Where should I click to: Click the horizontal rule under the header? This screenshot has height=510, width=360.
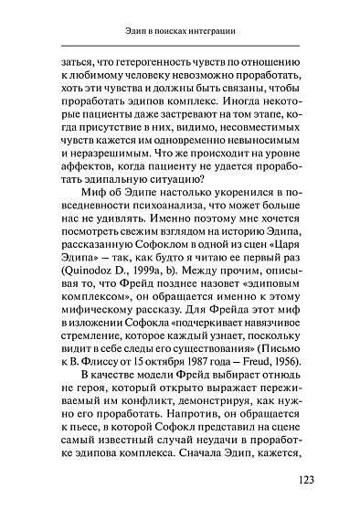pyautogui.click(x=180, y=46)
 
